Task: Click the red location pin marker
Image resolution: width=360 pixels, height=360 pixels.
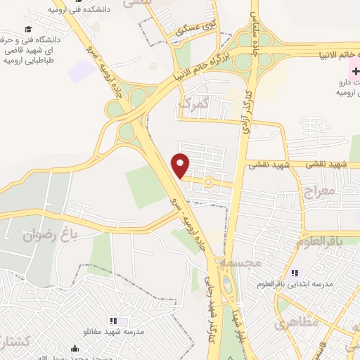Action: pos(181,165)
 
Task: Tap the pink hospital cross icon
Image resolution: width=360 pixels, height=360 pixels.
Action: pos(356,70)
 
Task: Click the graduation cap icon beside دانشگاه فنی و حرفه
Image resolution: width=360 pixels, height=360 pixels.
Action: pos(28,30)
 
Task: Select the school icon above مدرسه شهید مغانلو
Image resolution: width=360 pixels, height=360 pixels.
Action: pos(112,321)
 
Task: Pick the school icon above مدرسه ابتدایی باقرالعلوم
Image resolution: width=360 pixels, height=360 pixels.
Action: pos(294,273)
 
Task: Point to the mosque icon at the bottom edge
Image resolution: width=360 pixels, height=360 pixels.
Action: pos(75,347)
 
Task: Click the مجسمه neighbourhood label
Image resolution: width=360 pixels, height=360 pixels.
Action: pos(240,262)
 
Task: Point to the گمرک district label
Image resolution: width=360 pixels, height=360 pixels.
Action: pos(194,104)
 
